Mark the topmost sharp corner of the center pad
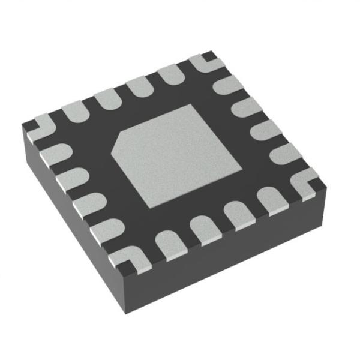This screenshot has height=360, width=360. (x=191, y=106)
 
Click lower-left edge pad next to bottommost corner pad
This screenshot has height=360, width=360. (x=107, y=228)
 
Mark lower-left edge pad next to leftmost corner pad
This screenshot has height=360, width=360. (x=52, y=153)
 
